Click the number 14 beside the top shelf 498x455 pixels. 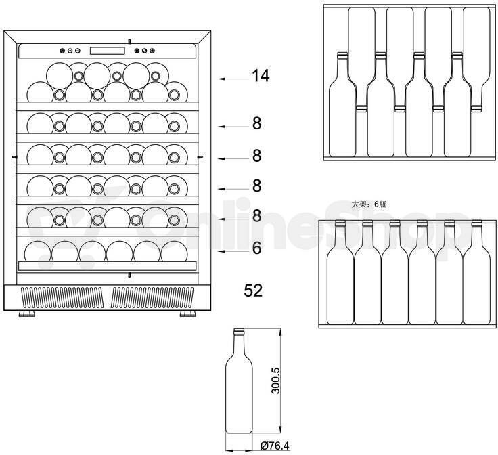click(261, 76)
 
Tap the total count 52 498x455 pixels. click(253, 290)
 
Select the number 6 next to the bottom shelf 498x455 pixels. click(256, 248)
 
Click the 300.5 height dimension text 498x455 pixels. click(275, 381)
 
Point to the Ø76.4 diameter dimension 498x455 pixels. click(275, 446)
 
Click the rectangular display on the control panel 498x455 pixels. click(108, 51)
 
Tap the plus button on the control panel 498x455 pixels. click(70, 51)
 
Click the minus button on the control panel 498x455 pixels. click(78, 51)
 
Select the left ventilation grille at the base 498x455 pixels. click(62, 298)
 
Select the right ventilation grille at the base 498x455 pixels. click(153, 298)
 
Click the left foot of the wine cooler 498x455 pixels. click(27, 314)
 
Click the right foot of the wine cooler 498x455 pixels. click(187, 314)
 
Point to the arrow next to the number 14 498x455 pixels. click(233, 79)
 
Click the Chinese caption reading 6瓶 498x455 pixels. click(380, 204)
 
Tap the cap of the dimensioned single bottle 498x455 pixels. click(239, 332)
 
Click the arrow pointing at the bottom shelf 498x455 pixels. click(233, 251)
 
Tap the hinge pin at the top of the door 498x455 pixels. click(129, 41)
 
